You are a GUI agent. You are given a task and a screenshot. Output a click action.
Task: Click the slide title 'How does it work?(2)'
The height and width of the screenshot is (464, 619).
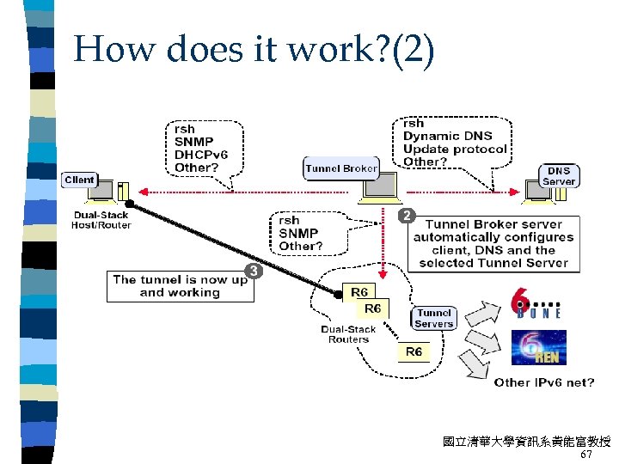tap(254, 49)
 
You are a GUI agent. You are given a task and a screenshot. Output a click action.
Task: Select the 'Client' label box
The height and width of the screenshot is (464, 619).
tap(79, 180)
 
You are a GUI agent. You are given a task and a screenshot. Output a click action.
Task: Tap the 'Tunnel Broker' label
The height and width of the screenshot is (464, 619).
tap(340, 168)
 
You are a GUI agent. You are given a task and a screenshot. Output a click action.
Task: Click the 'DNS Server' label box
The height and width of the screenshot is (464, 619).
tap(558, 175)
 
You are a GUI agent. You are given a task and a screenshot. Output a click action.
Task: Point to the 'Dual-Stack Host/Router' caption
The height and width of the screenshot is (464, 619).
tap(101, 220)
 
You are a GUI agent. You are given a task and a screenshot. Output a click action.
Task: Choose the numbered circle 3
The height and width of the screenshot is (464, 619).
tap(254, 272)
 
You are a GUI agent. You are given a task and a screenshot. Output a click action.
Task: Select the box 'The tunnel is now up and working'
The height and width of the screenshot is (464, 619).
tap(179, 286)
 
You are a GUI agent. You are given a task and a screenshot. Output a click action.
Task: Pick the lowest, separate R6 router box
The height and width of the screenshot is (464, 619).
tap(414, 352)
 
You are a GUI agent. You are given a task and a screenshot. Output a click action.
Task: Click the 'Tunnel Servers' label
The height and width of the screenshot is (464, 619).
tap(434, 319)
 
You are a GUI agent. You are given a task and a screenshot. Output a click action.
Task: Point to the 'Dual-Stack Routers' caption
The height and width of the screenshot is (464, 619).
tap(348, 334)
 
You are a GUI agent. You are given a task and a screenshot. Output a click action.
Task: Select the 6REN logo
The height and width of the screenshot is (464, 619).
tap(538, 348)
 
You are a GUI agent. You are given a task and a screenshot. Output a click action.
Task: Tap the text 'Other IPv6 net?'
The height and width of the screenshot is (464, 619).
tap(543, 382)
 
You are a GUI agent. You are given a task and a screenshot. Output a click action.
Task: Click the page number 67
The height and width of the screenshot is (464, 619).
tap(586, 454)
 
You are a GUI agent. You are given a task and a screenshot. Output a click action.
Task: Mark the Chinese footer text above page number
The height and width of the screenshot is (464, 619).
tap(526, 442)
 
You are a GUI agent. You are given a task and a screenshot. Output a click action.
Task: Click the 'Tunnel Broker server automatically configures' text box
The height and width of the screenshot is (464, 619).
tap(493, 243)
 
